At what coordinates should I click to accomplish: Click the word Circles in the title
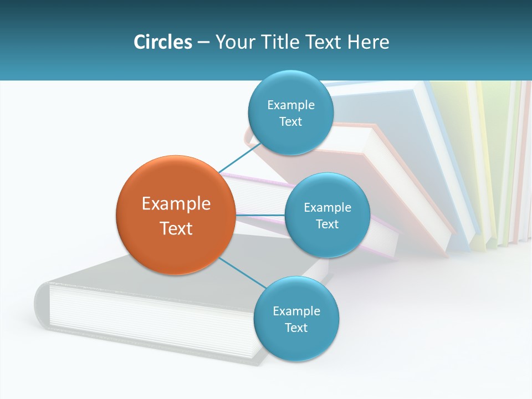[x=162, y=42]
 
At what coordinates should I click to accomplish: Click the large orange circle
[x=176, y=215]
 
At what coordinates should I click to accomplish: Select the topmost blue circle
[x=290, y=113]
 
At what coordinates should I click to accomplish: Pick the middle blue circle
[x=327, y=215]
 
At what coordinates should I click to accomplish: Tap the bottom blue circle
[x=296, y=319]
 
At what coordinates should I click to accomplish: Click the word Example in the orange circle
[x=176, y=203]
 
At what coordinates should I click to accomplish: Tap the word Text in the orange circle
[x=176, y=228]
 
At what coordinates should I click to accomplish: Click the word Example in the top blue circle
[x=290, y=105]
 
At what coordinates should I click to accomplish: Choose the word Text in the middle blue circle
[x=327, y=224]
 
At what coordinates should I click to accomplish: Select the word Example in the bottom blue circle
[x=296, y=311]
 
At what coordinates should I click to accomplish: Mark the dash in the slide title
[x=203, y=43]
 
